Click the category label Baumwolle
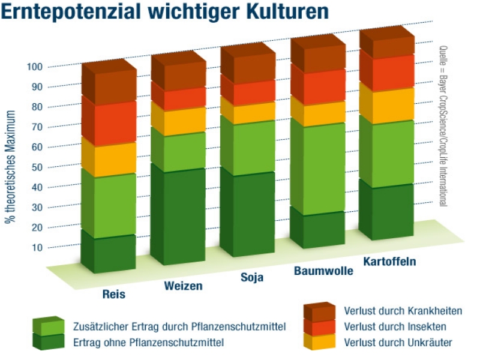click(x=323, y=271)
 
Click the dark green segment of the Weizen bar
click(x=179, y=216)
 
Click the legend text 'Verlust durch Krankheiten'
click(x=403, y=311)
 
